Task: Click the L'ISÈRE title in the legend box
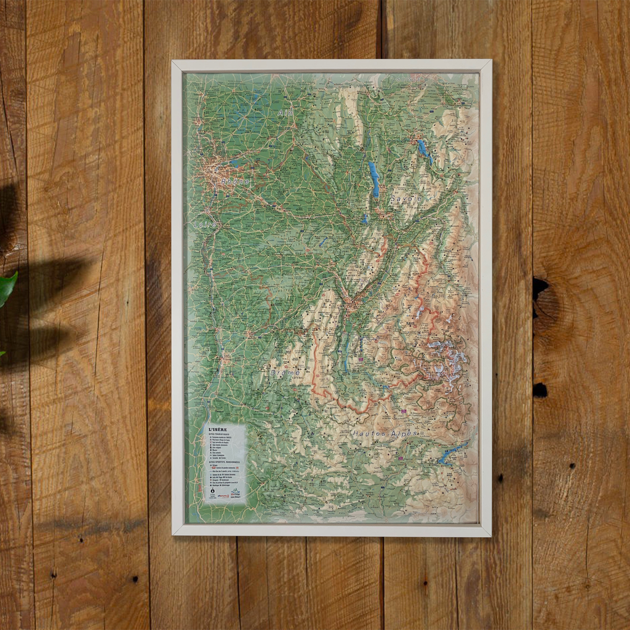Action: click(218, 430)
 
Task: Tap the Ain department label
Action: click(285, 114)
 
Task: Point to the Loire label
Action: click(204, 226)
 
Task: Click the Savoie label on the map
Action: click(405, 199)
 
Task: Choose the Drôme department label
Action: click(284, 373)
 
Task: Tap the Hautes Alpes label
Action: click(385, 433)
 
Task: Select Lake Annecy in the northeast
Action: click(423, 150)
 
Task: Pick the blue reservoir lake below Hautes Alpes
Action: click(454, 453)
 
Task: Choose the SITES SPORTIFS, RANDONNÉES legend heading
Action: click(225, 462)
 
